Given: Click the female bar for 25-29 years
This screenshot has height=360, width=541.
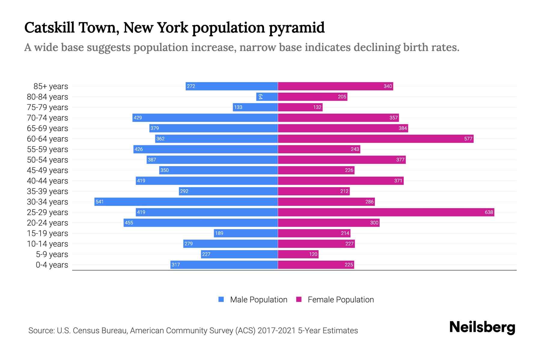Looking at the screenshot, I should pyautogui.click(x=386, y=212).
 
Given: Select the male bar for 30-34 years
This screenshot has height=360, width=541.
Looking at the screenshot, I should pyautogui.click(x=186, y=202).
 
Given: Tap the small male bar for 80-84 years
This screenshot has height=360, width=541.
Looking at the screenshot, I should pyautogui.click(x=267, y=97).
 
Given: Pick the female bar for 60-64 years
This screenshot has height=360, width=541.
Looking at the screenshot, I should pyautogui.click(x=376, y=139).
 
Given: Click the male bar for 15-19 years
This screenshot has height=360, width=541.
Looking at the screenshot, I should pyautogui.click(x=246, y=233).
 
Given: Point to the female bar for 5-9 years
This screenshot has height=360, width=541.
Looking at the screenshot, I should pyautogui.click(x=298, y=254).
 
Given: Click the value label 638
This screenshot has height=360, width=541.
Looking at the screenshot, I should pyautogui.click(x=489, y=212).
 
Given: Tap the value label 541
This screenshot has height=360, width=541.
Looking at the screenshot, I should pyautogui.click(x=99, y=202).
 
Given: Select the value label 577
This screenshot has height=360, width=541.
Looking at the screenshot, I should pyautogui.click(x=468, y=139).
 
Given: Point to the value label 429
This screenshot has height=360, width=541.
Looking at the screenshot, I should pyautogui.click(x=138, y=118).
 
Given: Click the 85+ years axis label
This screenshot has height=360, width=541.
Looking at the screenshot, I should pyautogui.click(x=51, y=86).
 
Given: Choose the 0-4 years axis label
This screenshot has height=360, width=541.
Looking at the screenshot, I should pyautogui.click(x=52, y=265).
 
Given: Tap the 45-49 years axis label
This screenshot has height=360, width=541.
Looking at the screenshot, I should pyautogui.click(x=47, y=170).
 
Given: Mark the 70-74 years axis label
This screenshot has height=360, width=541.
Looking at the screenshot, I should pyautogui.click(x=47, y=118).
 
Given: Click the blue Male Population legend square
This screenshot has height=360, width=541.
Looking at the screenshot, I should pyautogui.click(x=221, y=299).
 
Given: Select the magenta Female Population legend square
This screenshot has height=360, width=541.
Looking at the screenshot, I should pyautogui.click(x=299, y=299).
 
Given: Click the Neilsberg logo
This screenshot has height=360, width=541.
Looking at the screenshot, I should pyautogui.click(x=482, y=327).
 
